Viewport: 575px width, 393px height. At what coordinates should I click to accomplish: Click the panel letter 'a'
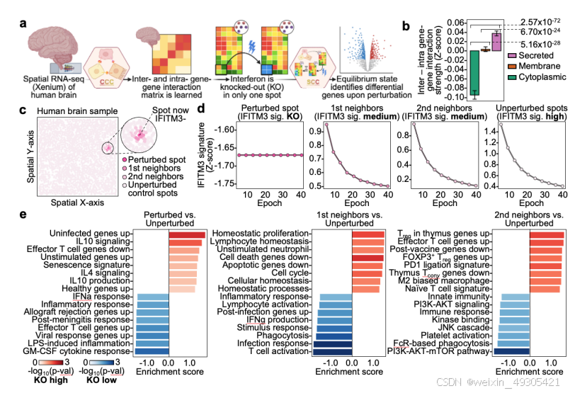click(x=23, y=23)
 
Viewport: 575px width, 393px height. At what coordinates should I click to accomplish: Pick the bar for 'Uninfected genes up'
click(x=186, y=235)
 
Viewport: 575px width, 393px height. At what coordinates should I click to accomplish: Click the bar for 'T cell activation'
click(x=332, y=351)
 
